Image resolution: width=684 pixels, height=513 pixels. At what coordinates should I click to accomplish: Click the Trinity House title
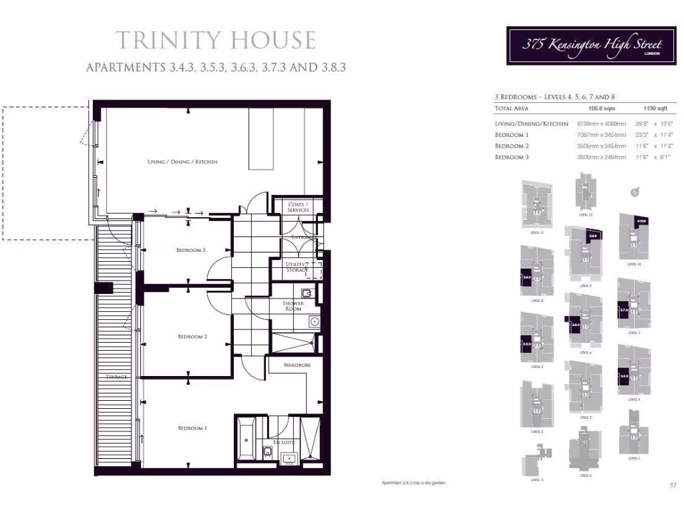pyautogui.click(x=216, y=40)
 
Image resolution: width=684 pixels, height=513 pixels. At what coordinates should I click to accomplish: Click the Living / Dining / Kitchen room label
pyautogui.click(x=182, y=162)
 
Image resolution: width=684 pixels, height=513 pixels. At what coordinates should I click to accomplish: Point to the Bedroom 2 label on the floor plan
pyautogui.click(x=192, y=337)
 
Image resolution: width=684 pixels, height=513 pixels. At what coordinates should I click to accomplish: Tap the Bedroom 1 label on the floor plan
pyautogui.click(x=192, y=427)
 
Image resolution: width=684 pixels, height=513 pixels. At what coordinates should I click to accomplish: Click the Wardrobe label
pyautogui.click(x=295, y=365)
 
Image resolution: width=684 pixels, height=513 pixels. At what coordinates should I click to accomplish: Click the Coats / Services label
pyautogui.click(x=299, y=206)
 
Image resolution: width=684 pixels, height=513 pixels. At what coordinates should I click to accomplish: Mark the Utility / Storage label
pyautogui.click(x=298, y=267)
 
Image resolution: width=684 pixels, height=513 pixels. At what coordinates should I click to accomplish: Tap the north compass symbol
pyautogui.click(x=635, y=192)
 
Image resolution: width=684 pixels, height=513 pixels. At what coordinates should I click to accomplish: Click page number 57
pyautogui.click(x=673, y=485)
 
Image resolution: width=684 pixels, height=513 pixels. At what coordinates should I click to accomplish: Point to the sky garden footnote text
pyautogui.click(x=413, y=482)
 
